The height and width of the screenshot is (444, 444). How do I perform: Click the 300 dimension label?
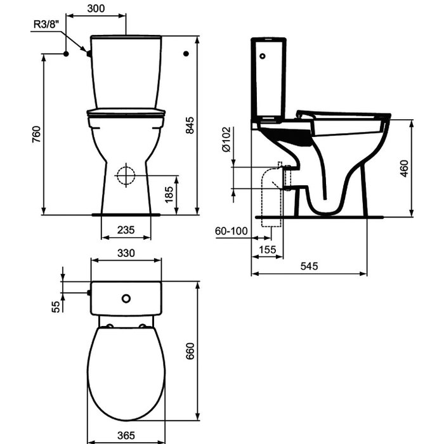[x=96, y=8]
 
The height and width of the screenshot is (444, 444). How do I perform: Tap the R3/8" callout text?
[x=47, y=24]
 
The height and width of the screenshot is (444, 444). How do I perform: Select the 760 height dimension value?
[x=36, y=134]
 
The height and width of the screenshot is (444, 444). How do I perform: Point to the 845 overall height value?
[x=190, y=125]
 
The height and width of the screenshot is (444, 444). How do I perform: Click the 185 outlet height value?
[x=169, y=195]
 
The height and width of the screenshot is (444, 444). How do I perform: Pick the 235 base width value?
[x=126, y=230]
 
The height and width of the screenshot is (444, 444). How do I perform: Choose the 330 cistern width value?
[x=126, y=253]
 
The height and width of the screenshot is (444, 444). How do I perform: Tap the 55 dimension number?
[x=56, y=306]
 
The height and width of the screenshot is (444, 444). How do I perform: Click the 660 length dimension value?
[x=190, y=351]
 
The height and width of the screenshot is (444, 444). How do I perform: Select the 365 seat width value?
[x=126, y=435]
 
